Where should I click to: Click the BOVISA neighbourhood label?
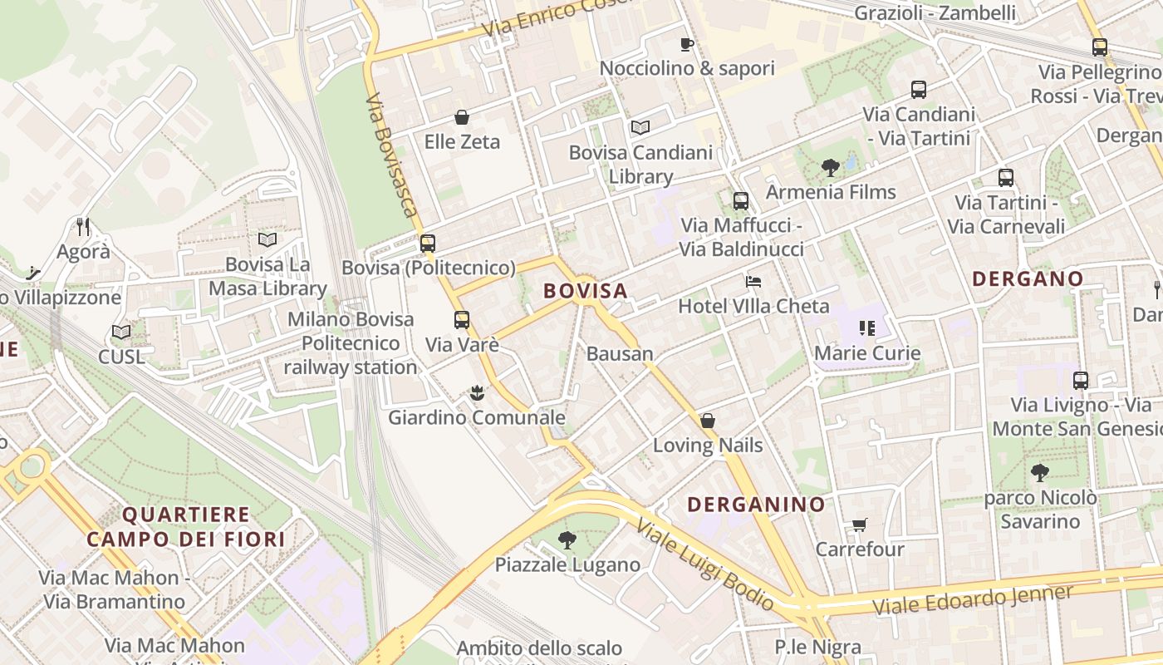tap(585, 291)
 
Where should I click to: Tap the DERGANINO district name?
tap(756, 505)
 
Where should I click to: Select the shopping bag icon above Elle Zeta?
tap(462, 118)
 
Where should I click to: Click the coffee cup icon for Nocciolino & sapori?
tap(686, 44)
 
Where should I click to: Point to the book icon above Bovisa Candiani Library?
tap(640, 127)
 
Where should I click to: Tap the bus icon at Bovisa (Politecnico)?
tap(428, 244)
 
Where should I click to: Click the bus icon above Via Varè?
tap(462, 320)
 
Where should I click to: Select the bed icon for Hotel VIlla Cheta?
tap(753, 282)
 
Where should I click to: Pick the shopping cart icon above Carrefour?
tap(859, 525)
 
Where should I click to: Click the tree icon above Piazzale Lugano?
tap(567, 540)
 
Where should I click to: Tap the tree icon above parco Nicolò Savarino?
tap(1039, 473)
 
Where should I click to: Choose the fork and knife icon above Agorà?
tap(83, 226)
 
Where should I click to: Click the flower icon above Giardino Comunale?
tap(477, 393)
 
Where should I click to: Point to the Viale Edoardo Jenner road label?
tap(972, 600)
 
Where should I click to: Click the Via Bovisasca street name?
tap(390, 154)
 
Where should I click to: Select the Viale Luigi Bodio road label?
tap(706, 565)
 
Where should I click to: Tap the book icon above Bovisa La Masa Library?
tap(267, 240)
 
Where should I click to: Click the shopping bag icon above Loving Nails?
tap(708, 421)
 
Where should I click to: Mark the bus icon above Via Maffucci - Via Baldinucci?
tap(740, 200)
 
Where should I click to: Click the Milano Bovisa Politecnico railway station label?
tap(351, 342)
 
